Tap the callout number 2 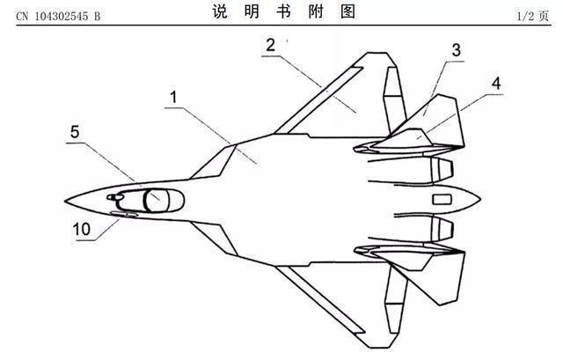(x=272, y=44)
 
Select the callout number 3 (x=457, y=49)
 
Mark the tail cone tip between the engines (x=479, y=199)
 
